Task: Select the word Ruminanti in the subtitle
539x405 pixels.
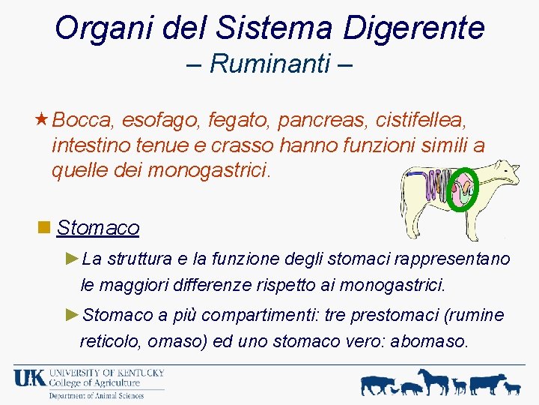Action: pos(270,64)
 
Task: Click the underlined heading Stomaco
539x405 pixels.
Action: pos(98,227)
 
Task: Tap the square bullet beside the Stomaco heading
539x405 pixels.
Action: pos(44,226)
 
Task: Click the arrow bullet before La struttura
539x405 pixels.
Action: pos(72,259)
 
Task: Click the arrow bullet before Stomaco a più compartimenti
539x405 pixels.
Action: pos(72,314)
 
